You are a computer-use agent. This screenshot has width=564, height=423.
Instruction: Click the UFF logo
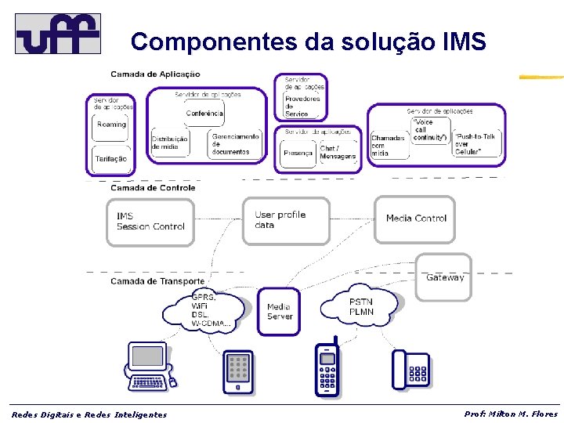[x=58, y=33]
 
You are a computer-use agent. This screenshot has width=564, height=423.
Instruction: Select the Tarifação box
[x=111, y=158]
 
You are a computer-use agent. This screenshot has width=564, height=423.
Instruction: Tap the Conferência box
[x=204, y=114]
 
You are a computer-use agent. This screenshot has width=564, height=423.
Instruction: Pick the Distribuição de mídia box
[x=170, y=143]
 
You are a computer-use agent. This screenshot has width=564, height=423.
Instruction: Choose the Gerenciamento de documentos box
[x=235, y=143]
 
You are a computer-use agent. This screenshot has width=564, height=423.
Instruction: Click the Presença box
[x=298, y=154]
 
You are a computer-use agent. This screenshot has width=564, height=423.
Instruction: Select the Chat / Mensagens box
[x=338, y=153]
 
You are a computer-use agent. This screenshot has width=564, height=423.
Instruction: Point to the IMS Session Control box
[x=150, y=222]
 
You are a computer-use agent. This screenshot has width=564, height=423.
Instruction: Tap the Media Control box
[x=415, y=219]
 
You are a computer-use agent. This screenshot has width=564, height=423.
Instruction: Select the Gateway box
[x=444, y=277]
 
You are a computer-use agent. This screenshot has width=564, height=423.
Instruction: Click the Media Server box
[x=280, y=312]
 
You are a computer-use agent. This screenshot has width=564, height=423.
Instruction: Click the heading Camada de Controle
[x=153, y=188]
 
